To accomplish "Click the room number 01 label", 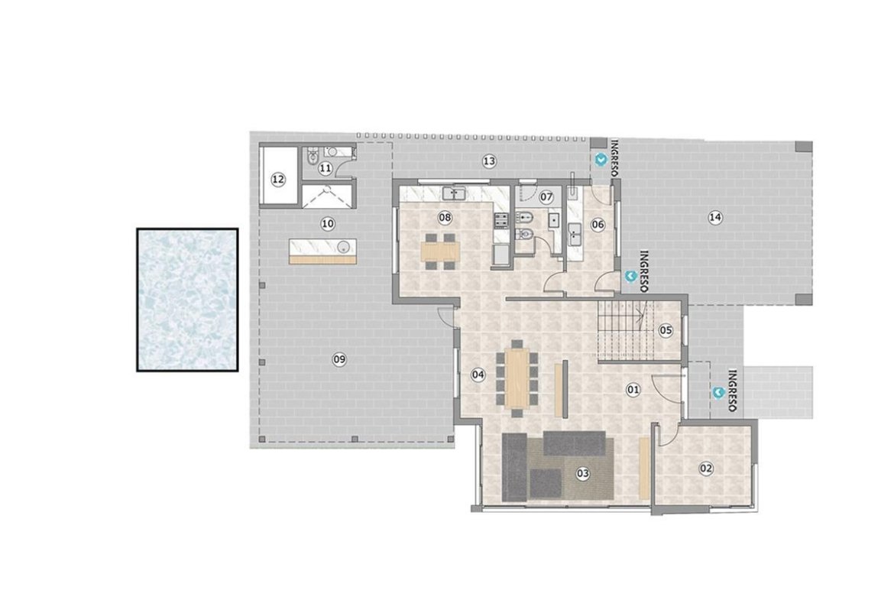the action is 633,390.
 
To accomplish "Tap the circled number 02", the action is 706,469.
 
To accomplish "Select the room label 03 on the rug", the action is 582,473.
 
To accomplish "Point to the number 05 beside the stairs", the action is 666,330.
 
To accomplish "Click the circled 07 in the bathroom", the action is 546,197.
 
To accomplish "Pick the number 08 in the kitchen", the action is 445,217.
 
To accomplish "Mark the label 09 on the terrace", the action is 339,359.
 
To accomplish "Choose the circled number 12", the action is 277,180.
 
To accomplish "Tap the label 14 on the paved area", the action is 715,217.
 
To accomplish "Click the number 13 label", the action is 489,161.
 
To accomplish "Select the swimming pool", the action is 187,300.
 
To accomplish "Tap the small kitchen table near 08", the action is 440,251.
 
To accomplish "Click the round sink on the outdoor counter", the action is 343,246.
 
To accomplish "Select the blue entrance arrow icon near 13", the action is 601,160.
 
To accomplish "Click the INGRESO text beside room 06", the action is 645,271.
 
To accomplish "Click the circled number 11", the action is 325,168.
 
